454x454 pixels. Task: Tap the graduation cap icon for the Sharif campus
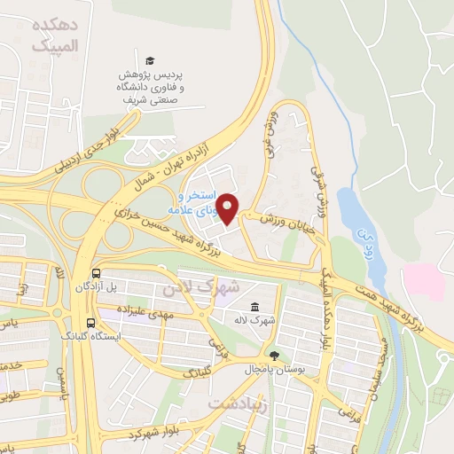(150, 59)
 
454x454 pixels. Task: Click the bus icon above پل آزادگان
(94, 274)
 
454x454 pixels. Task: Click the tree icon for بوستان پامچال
(274, 356)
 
